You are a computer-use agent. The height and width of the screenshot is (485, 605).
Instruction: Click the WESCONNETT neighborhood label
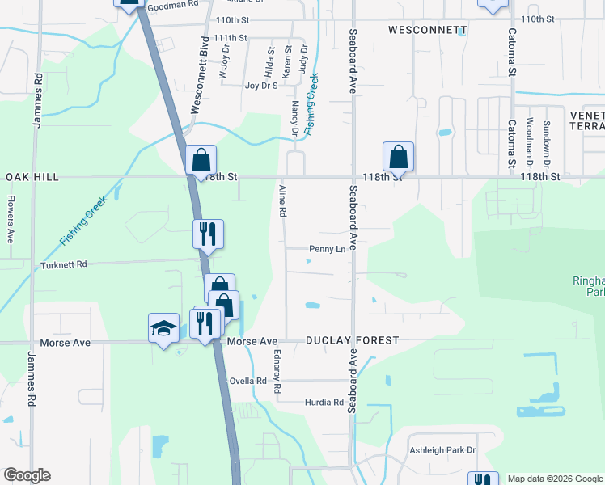click(x=427, y=30)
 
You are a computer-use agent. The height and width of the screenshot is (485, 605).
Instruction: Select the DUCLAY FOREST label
click(x=352, y=340)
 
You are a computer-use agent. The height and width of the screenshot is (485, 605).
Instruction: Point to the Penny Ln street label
click(x=327, y=249)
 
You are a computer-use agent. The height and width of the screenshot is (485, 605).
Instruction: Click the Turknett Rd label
click(x=63, y=264)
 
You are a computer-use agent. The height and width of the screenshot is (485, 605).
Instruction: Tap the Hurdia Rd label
click(x=324, y=402)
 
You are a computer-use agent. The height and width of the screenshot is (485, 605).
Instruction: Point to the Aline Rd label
click(x=283, y=201)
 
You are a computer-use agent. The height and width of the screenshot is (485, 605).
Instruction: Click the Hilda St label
click(x=270, y=57)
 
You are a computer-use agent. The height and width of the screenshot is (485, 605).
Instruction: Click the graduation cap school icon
click(x=163, y=329)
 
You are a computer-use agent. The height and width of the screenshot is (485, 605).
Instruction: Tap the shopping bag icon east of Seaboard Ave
click(x=398, y=155)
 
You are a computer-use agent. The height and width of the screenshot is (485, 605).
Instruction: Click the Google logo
click(x=27, y=475)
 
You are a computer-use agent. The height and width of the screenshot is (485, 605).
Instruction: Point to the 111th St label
click(x=231, y=38)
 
